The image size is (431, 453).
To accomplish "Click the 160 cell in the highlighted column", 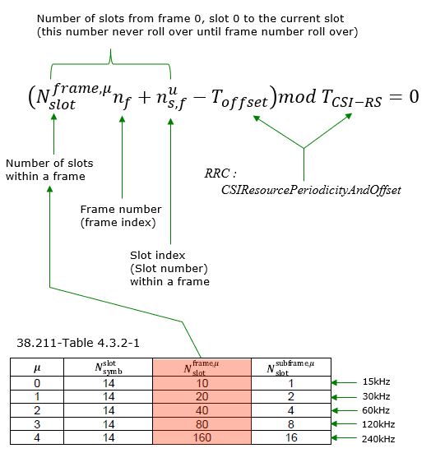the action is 202,437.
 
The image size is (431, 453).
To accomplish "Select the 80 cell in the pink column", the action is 202,424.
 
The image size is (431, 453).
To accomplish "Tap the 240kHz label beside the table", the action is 378,439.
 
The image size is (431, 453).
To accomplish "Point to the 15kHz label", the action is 376,381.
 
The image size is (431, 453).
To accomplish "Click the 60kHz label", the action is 376,410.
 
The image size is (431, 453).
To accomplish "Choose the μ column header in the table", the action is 37,367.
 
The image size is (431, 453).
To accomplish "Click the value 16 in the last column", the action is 291,437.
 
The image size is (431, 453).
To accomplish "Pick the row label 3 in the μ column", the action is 37,424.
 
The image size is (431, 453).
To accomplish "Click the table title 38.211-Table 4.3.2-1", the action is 78,343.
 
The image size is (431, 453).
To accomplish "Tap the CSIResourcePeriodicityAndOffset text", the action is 311,190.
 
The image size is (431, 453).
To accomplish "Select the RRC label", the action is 220,173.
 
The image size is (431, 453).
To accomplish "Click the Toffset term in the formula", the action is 239,99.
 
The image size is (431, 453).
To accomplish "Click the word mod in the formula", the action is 297,96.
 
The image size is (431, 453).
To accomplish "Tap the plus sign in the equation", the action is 144,97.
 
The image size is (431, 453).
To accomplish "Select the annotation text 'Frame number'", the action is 121,209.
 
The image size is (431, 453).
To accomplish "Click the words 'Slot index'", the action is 158,256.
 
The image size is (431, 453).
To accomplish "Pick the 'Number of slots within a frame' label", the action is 49,169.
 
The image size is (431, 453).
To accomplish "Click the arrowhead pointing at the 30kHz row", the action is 334,397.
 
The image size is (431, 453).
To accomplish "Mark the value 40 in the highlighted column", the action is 202,410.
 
